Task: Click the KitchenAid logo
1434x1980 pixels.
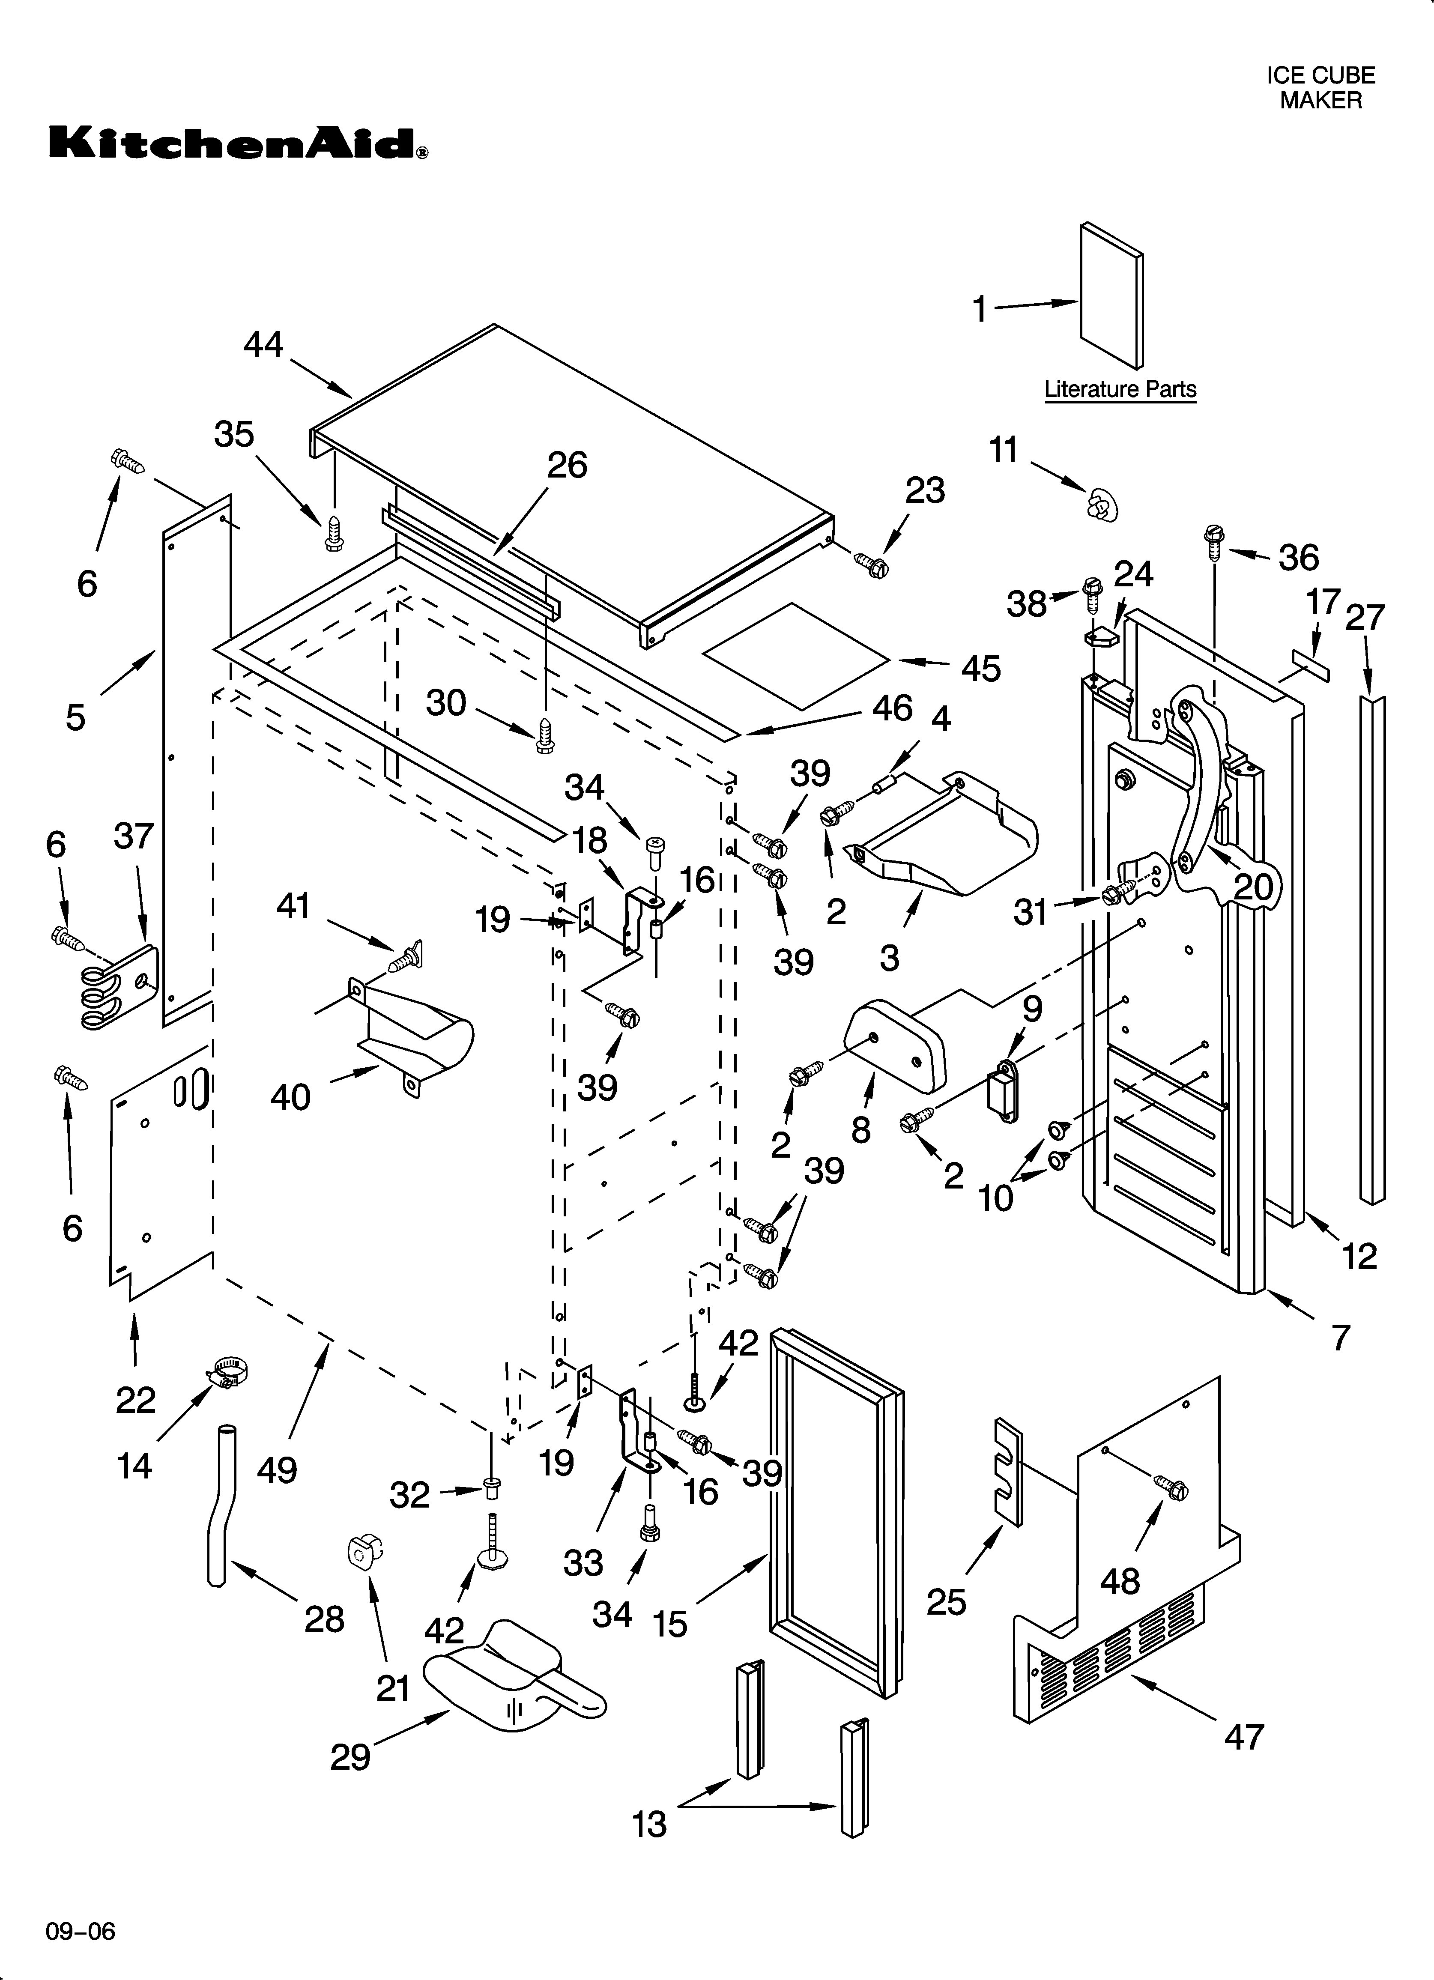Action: [x=238, y=143]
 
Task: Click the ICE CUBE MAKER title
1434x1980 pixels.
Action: [x=1320, y=88]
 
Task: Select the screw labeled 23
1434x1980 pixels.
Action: [x=872, y=565]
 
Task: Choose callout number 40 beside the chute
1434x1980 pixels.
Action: [x=290, y=1096]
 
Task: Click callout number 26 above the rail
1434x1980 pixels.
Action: [x=567, y=465]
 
